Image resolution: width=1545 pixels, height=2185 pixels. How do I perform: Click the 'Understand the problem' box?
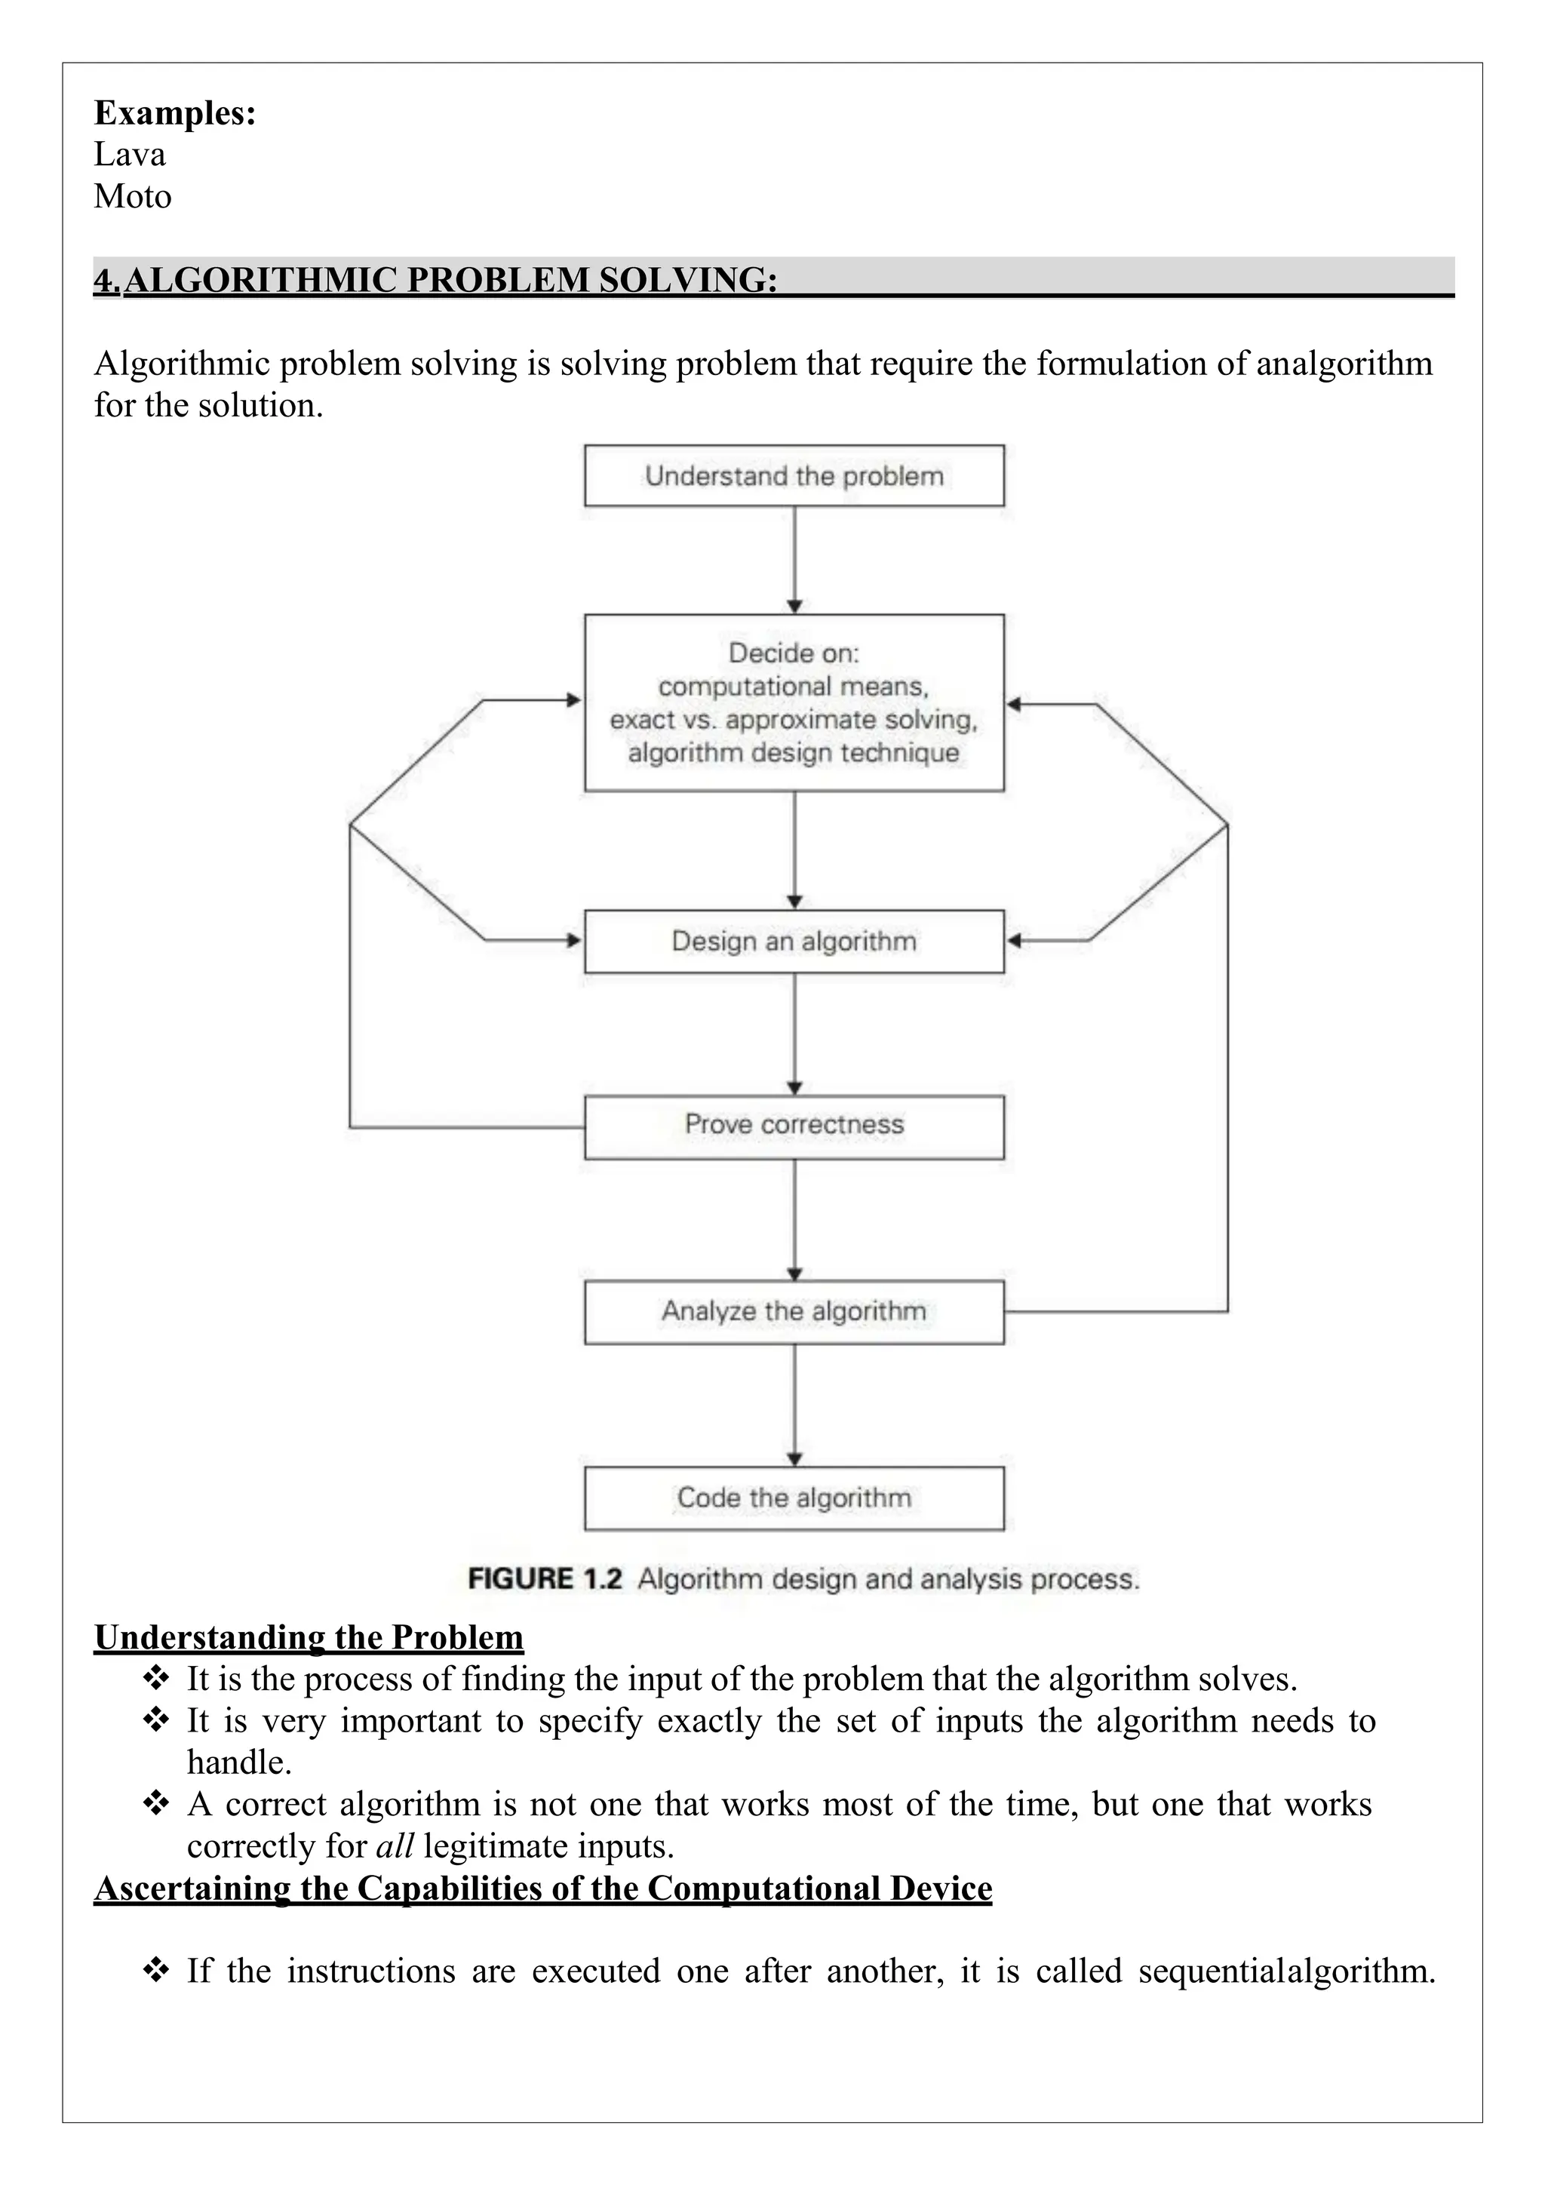(794, 476)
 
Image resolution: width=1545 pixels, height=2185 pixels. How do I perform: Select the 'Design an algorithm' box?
(794, 941)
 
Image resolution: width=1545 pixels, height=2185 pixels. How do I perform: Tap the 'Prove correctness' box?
(794, 1126)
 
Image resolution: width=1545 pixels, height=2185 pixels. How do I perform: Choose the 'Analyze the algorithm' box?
(794, 1311)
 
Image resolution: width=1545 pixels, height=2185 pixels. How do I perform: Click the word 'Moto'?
(132, 197)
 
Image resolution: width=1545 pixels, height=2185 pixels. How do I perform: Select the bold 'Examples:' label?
(175, 113)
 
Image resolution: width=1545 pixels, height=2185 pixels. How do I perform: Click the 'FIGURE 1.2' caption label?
(544, 1579)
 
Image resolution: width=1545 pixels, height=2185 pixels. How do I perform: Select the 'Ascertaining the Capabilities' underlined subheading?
(542, 1887)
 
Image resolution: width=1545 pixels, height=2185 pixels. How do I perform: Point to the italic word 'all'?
(395, 1845)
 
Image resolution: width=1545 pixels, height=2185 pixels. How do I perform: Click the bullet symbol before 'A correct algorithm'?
(155, 1802)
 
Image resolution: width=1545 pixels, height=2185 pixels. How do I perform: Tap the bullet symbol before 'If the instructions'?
(155, 1969)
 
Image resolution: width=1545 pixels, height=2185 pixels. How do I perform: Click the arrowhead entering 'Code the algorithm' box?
(795, 1459)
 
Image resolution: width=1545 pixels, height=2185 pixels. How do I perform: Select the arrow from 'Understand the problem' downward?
(795, 557)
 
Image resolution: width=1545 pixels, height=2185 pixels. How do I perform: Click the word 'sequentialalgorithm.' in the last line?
(1286, 1970)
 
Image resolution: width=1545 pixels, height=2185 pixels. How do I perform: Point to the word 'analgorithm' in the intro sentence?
(1344, 364)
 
